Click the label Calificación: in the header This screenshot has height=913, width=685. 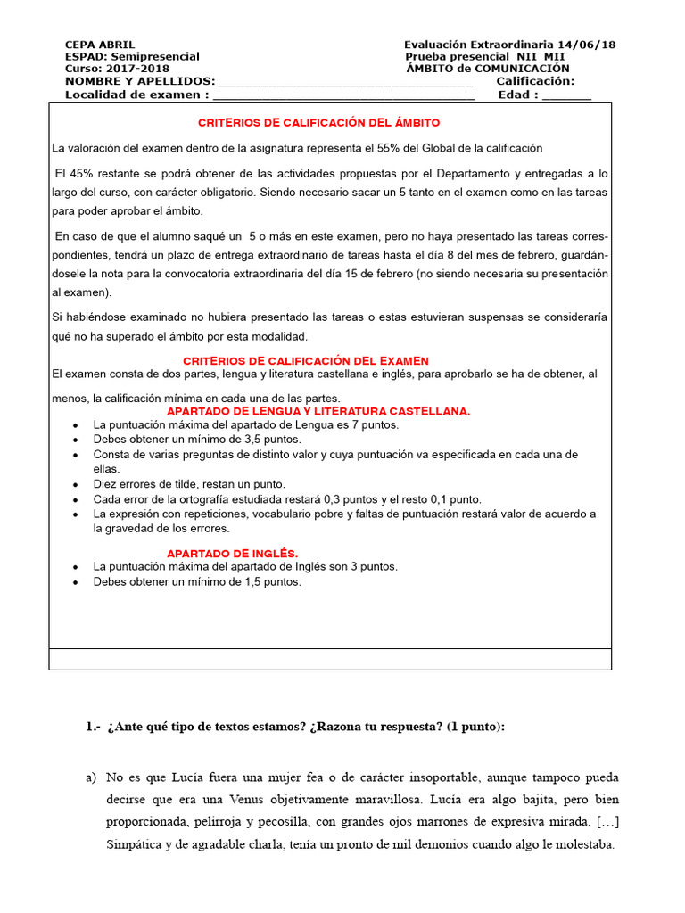(535, 81)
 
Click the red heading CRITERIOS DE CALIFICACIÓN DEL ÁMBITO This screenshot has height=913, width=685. (318, 122)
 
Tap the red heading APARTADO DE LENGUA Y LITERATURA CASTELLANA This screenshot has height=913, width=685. (318, 411)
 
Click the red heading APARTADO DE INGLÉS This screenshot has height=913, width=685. (232, 553)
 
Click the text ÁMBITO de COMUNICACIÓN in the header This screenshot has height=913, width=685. (487, 69)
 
